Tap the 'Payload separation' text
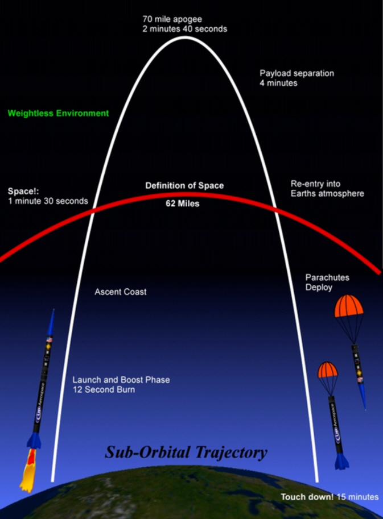tap(296, 73)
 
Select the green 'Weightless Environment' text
tap(58, 113)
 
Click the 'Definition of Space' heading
tap(184, 186)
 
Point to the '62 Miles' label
tap(183, 203)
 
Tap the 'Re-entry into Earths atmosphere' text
tap(327, 189)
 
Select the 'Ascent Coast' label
tap(120, 292)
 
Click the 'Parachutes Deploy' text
tap(327, 283)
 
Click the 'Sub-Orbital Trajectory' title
tap(185, 452)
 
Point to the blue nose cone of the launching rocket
tap(52, 322)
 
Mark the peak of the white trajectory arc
tap(185, 38)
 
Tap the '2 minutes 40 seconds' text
tap(184, 29)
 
